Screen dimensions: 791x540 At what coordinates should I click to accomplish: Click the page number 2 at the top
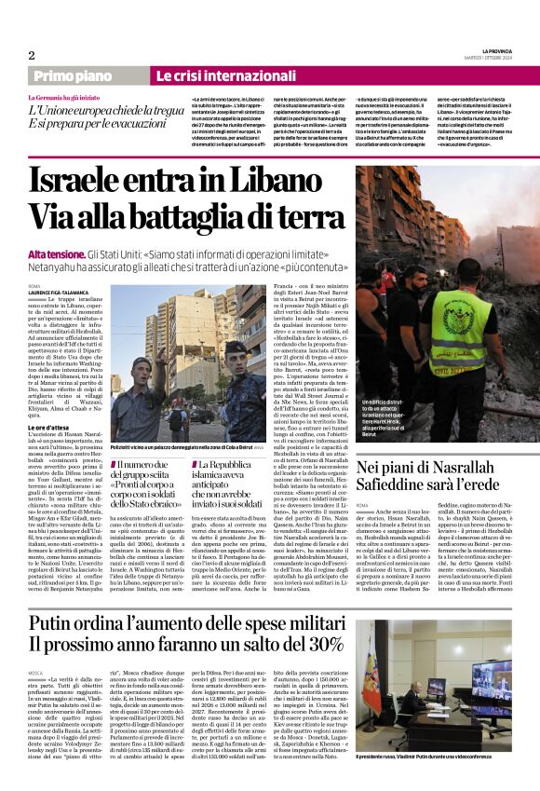[32, 56]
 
